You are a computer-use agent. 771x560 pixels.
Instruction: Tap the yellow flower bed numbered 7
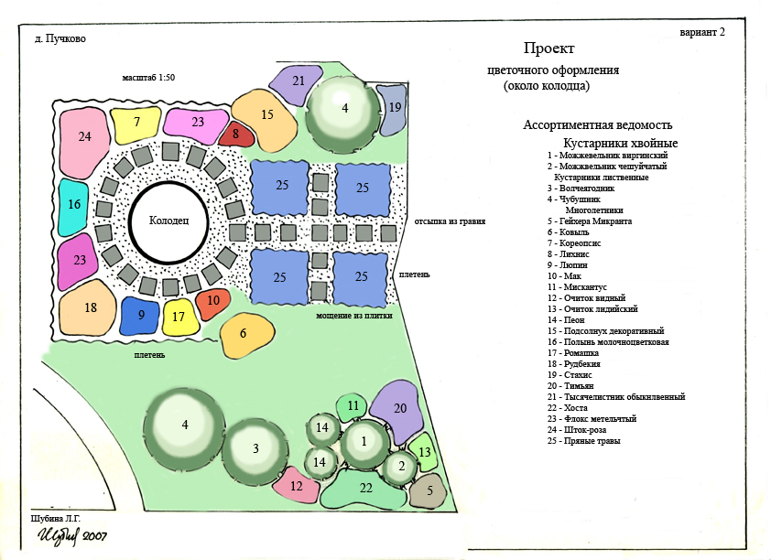(x=136, y=123)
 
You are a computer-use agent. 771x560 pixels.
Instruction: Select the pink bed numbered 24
(x=84, y=138)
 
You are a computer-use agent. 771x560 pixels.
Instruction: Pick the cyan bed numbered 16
(x=74, y=205)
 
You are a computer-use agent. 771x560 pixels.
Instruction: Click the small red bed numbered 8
(x=235, y=135)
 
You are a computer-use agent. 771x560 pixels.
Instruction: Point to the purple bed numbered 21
(x=298, y=81)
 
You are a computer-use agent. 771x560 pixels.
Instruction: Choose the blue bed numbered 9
(x=141, y=315)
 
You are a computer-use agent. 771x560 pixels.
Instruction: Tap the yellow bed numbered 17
(x=179, y=317)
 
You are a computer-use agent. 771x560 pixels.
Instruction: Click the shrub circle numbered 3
(x=256, y=448)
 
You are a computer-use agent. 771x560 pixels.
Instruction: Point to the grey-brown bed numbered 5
(x=429, y=490)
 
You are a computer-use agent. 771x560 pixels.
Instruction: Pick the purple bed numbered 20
(x=398, y=408)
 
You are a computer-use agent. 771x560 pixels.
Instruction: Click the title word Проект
(x=548, y=48)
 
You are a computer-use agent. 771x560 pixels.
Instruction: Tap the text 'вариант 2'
(x=702, y=32)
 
